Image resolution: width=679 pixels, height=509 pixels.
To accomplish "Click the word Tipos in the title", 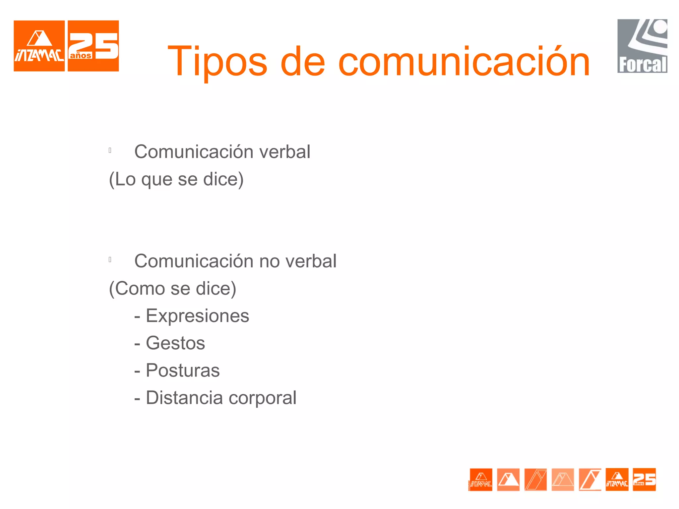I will pos(217,62).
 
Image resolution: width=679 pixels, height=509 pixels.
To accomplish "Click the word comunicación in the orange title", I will pos(464,62).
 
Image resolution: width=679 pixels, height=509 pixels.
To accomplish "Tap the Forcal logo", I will pos(642,46).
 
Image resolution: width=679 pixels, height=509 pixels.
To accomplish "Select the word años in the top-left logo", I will pos(81,56).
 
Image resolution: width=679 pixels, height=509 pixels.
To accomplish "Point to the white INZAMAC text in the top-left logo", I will pos(39,56).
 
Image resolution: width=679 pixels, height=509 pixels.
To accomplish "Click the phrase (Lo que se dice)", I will pos(176,179).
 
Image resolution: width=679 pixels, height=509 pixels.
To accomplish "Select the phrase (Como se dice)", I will pos(173,288).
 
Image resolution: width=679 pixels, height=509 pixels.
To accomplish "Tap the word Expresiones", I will pos(197,315).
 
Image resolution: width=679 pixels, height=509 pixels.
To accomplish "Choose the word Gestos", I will pos(175,343).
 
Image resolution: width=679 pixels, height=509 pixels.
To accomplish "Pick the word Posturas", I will pos(183,370).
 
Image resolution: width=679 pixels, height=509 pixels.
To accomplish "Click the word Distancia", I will pos(184,398).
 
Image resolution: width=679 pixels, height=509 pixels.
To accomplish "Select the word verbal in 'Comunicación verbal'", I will pos(284,152).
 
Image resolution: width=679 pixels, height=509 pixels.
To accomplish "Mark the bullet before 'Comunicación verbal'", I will pos(110,150).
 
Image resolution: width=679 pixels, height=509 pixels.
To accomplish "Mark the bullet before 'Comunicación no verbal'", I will pos(110,259).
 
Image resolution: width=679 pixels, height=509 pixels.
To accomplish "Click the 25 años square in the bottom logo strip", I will pos(644,480).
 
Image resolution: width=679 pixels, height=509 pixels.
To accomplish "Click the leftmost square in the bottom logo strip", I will pos(481,480).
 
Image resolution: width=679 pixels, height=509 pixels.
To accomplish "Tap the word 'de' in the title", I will pos(302,62).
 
